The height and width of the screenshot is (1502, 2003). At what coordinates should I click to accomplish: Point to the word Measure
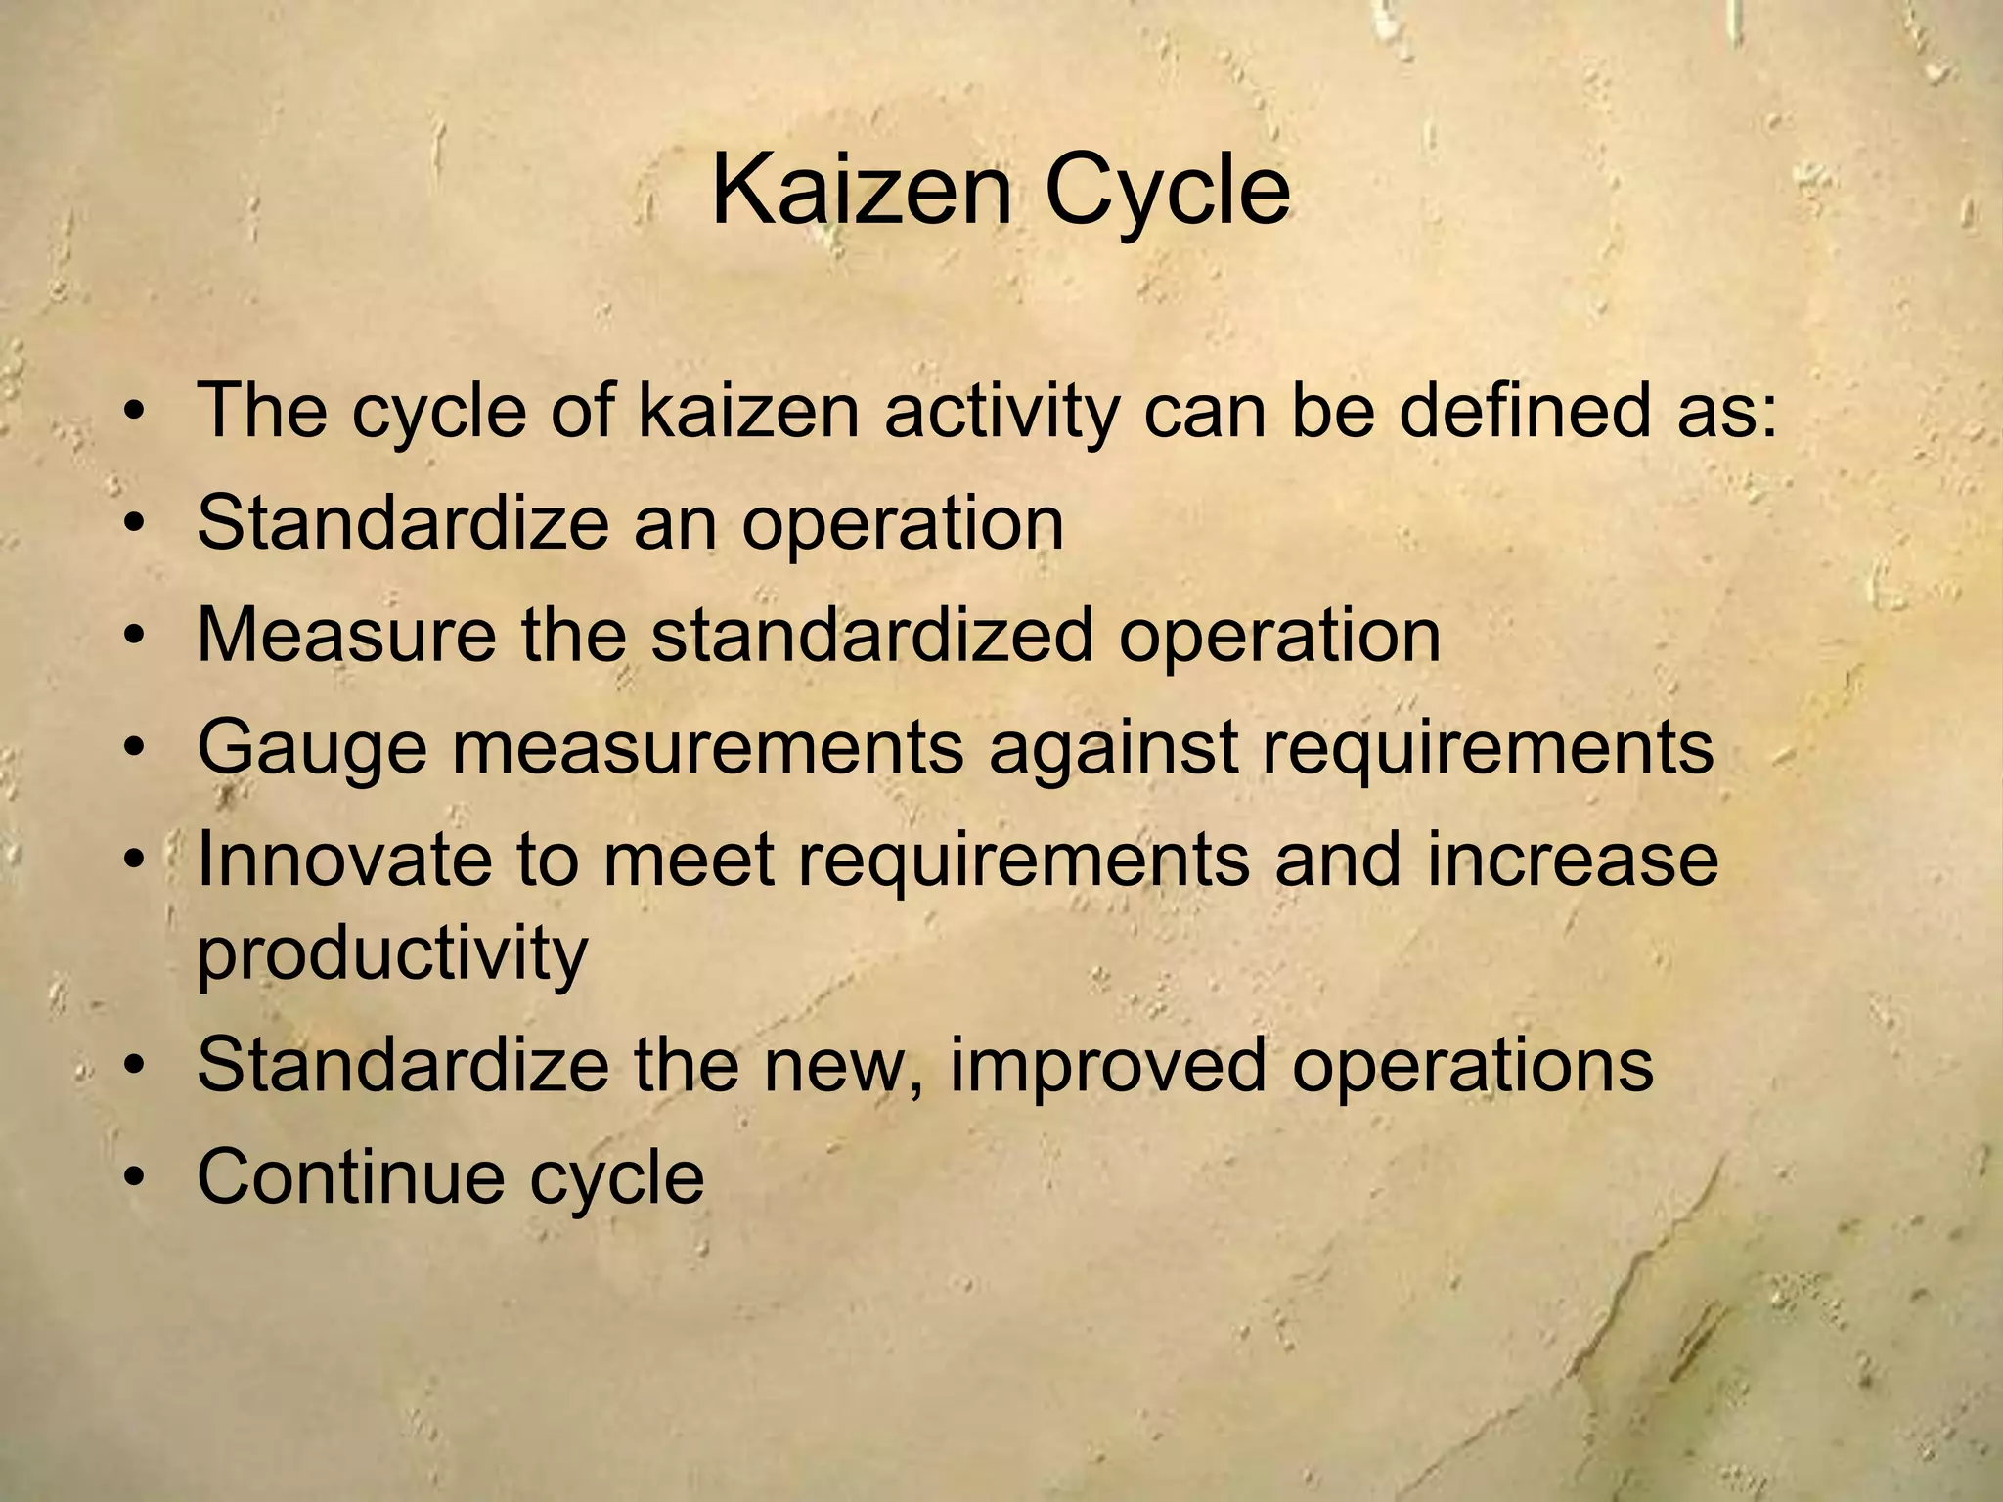346,636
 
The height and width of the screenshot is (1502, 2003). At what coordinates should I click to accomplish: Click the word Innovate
344,861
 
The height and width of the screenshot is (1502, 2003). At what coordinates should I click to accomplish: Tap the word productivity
392,954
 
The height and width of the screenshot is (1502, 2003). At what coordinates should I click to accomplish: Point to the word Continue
350,1176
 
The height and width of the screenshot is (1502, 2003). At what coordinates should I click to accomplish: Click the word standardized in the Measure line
871,636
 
